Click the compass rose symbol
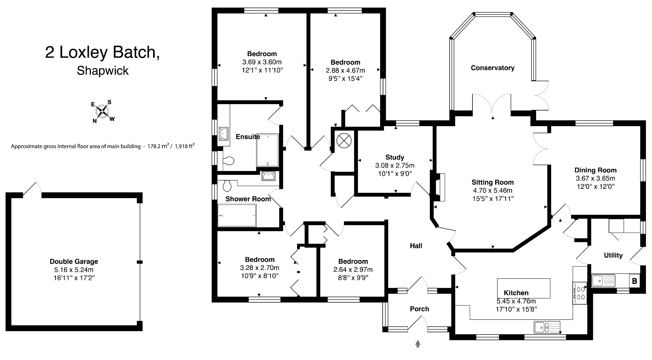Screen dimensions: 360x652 click(x=103, y=111)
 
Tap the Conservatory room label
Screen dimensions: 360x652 click(x=493, y=68)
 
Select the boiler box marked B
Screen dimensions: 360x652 click(x=634, y=281)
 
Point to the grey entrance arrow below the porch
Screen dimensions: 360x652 click(x=418, y=343)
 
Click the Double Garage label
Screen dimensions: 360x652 click(x=74, y=262)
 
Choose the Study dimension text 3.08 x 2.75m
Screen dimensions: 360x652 click(x=395, y=166)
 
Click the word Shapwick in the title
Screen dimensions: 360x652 click(x=103, y=71)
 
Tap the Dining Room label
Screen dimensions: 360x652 click(x=595, y=170)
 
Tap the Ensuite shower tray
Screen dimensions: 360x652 click(x=267, y=150)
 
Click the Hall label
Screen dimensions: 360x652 click(x=416, y=246)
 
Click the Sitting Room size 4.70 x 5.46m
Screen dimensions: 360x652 click(x=493, y=191)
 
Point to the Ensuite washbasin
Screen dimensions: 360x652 click(x=224, y=133)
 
